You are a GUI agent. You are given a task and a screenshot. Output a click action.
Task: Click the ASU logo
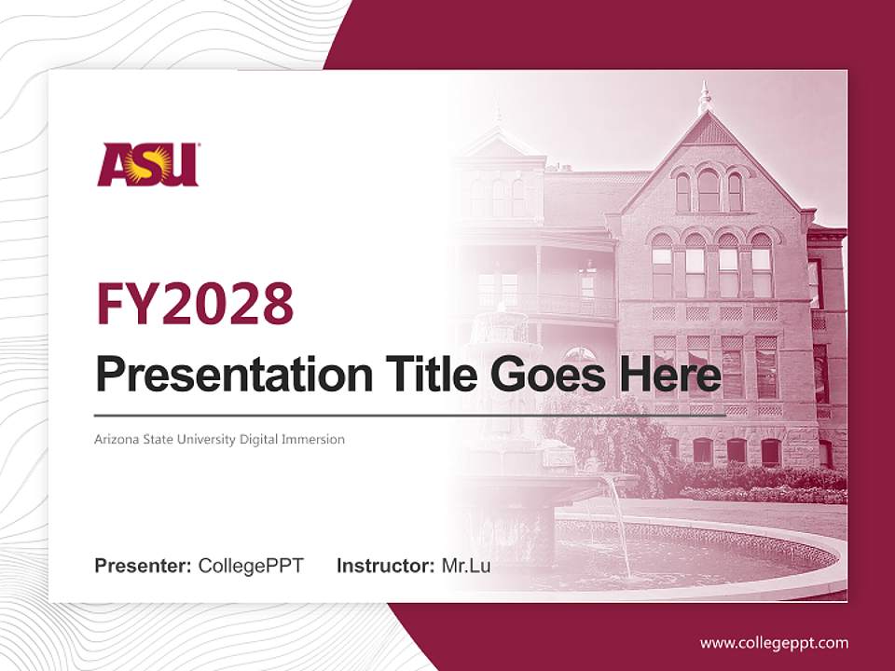[148, 164]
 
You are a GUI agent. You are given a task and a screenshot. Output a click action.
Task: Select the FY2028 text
[195, 303]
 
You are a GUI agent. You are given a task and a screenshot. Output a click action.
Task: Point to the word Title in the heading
[430, 375]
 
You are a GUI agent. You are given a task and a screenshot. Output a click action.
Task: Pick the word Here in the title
[670, 375]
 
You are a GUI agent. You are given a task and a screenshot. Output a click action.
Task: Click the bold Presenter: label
[143, 565]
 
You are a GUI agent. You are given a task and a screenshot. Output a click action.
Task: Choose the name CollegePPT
[251, 565]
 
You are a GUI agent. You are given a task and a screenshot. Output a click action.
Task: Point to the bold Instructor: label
[385, 565]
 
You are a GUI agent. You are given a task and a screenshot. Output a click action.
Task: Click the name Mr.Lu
[466, 565]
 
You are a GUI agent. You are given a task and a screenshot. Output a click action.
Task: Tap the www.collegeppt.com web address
[774, 642]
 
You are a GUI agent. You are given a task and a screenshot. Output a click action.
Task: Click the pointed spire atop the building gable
[705, 98]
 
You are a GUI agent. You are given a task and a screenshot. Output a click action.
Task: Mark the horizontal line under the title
[410, 415]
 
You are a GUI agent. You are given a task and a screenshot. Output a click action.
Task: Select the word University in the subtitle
[204, 439]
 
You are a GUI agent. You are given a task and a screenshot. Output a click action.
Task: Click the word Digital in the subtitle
[261, 439]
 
